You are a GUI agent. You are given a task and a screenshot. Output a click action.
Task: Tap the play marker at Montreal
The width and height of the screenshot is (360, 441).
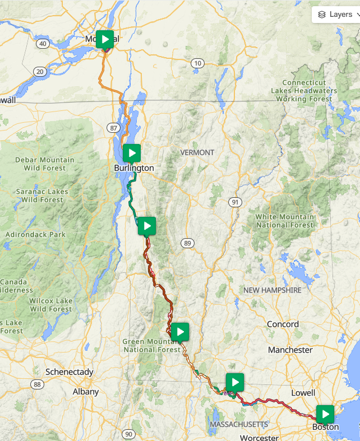point(105,39)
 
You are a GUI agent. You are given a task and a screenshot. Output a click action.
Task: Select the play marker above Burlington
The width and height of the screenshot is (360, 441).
point(131,152)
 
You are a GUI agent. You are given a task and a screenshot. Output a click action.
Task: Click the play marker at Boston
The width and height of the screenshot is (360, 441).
point(325,414)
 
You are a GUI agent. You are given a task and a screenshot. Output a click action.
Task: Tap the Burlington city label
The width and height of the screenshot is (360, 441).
point(133,168)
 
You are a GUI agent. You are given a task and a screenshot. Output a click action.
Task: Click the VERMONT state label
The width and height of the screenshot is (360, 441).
point(197,152)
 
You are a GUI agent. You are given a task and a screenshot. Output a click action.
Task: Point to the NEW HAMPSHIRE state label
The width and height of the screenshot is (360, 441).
point(272,290)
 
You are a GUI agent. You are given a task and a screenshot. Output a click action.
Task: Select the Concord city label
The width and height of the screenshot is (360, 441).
point(283,324)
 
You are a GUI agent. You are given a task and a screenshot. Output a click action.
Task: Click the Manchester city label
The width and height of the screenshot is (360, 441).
point(290,350)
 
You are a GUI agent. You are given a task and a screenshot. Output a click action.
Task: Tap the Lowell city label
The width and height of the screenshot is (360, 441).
point(304,392)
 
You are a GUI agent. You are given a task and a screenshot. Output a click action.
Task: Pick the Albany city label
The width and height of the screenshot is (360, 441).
point(86,392)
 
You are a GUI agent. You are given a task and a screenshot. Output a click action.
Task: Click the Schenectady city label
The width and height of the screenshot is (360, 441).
point(69,372)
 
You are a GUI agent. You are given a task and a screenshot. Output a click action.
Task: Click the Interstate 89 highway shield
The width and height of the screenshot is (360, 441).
point(187,243)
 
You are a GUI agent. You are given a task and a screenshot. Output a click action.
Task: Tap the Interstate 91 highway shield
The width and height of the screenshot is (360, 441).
point(234,202)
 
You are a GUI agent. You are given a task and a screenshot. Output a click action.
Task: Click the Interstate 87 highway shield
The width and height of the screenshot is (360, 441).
point(114,128)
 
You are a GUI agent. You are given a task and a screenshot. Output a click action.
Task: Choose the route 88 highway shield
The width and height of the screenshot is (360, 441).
point(38,384)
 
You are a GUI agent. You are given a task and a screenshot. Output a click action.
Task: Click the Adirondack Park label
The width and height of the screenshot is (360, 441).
point(35,234)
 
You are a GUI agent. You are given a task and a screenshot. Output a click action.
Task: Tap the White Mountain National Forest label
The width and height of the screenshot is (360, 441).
point(285,221)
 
